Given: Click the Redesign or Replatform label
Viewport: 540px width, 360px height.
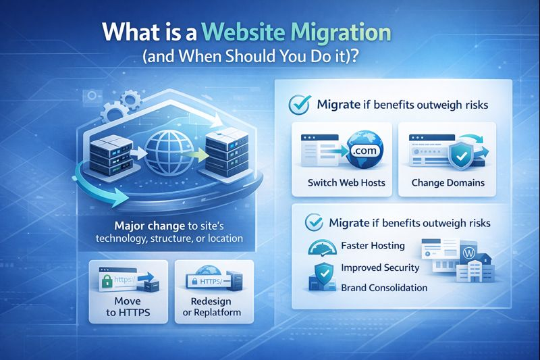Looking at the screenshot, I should [212, 305].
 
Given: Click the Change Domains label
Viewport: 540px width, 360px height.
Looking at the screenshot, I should [448, 182].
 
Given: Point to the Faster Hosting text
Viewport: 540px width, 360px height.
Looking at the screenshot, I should [373, 246].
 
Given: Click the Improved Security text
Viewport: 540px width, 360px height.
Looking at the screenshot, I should [380, 267].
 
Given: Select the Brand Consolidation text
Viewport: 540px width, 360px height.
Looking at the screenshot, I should [384, 288].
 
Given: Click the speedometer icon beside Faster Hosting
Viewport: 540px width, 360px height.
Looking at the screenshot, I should [323, 248].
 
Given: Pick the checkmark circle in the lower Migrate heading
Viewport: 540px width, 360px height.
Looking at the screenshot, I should [313, 222].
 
